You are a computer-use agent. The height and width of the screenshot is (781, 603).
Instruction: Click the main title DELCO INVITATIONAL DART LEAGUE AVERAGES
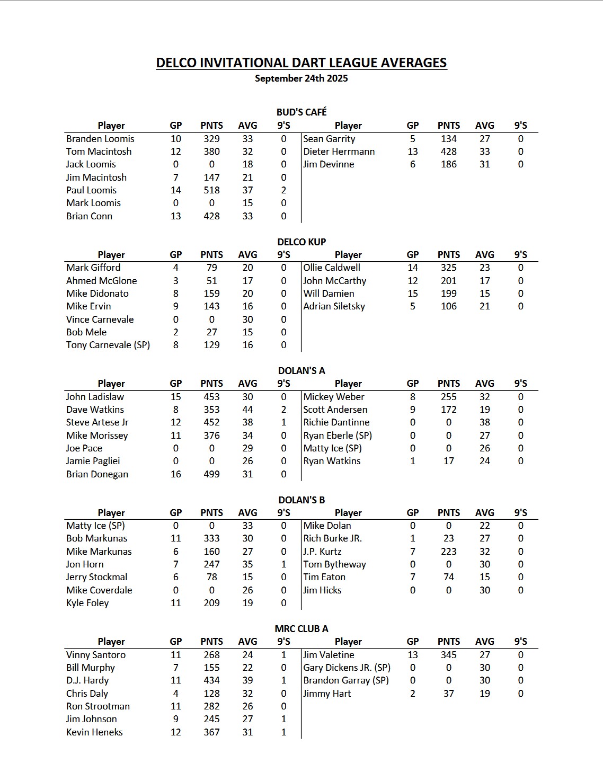pyautogui.click(x=301, y=63)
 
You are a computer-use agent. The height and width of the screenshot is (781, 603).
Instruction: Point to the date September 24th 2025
pyautogui.click(x=301, y=78)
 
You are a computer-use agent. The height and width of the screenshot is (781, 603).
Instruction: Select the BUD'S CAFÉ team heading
pyautogui.click(x=301, y=112)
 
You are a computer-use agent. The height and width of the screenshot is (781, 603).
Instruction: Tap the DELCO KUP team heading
pyautogui.click(x=301, y=242)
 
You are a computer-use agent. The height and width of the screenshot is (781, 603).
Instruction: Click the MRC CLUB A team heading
pyautogui.click(x=301, y=629)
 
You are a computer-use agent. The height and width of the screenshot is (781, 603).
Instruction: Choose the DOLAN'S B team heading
pyautogui.click(x=301, y=500)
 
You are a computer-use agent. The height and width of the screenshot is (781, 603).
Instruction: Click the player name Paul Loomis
pyautogui.click(x=91, y=190)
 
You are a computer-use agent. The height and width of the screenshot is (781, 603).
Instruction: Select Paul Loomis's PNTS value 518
pyautogui.click(x=211, y=190)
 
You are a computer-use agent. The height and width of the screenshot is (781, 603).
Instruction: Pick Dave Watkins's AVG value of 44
pyautogui.click(x=247, y=410)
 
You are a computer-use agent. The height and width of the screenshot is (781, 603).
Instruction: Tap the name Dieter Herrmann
pyautogui.click(x=339, y=152)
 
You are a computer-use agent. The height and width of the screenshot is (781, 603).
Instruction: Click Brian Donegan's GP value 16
pyautogui.click(x=175, y=474)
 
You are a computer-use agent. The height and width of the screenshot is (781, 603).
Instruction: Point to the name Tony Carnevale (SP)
pyautogui.click(x=108, y=345)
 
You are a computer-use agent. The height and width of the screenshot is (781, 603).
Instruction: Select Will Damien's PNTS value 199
pyautogui.click(x=448, y=294)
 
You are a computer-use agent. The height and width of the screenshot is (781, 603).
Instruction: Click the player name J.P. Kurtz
pyautogui.click(x=322, y=552)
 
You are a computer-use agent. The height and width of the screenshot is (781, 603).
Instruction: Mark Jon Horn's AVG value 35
pyautogui.click(x=247, y=564)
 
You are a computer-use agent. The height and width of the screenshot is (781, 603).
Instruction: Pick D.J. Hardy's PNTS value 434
pyautogui.click(x=211, y=680)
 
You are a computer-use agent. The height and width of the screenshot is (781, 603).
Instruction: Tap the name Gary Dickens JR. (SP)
pyautogui.click(x=347, y=668)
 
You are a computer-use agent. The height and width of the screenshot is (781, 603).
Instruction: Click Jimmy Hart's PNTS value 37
pyautogui.click(x=448, y=694)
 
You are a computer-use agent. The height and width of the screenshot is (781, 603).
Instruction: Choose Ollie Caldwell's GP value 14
pyautogui.click(x=412, y=268)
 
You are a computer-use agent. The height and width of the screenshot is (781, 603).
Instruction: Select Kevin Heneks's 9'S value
pyautogui.click(x=283, y=732)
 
